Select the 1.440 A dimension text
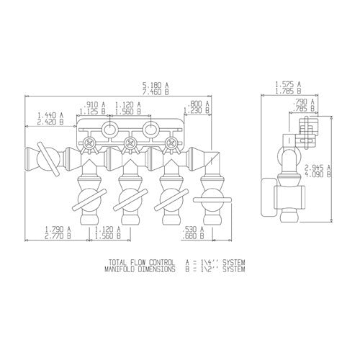pos(50,114)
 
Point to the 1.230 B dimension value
pos(196,111)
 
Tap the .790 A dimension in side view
pos(302,104)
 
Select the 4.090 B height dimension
pos(338,174)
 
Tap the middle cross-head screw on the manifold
pos(130,144)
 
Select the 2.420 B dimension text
pos(50,122)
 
